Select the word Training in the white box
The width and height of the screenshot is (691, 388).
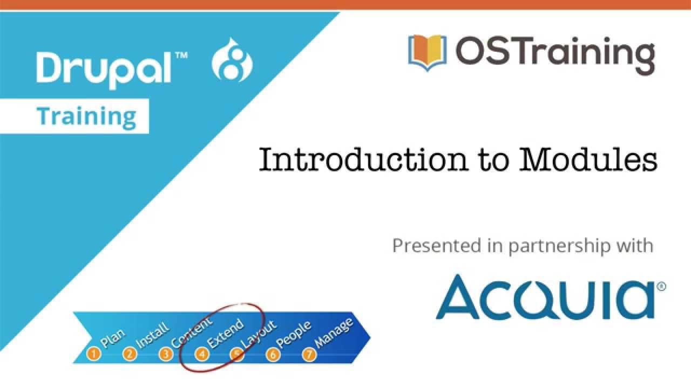click(86, 116)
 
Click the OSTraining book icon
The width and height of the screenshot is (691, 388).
click(428, 53)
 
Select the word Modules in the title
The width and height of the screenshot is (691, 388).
click(588, 160)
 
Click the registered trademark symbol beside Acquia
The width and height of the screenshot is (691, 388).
click(661, 286)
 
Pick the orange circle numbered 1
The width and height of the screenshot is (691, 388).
click(94, 354)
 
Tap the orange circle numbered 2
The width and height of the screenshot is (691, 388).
click(130, 354)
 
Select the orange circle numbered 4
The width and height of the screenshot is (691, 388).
click(202, 354)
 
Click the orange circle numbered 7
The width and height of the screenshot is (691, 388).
click(309, 354)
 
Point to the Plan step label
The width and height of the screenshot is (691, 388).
click(112, 338)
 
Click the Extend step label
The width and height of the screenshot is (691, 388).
click(225, 334)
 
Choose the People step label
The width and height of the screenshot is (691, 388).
click(295, 334)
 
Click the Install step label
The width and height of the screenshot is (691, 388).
click(152, 335)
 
